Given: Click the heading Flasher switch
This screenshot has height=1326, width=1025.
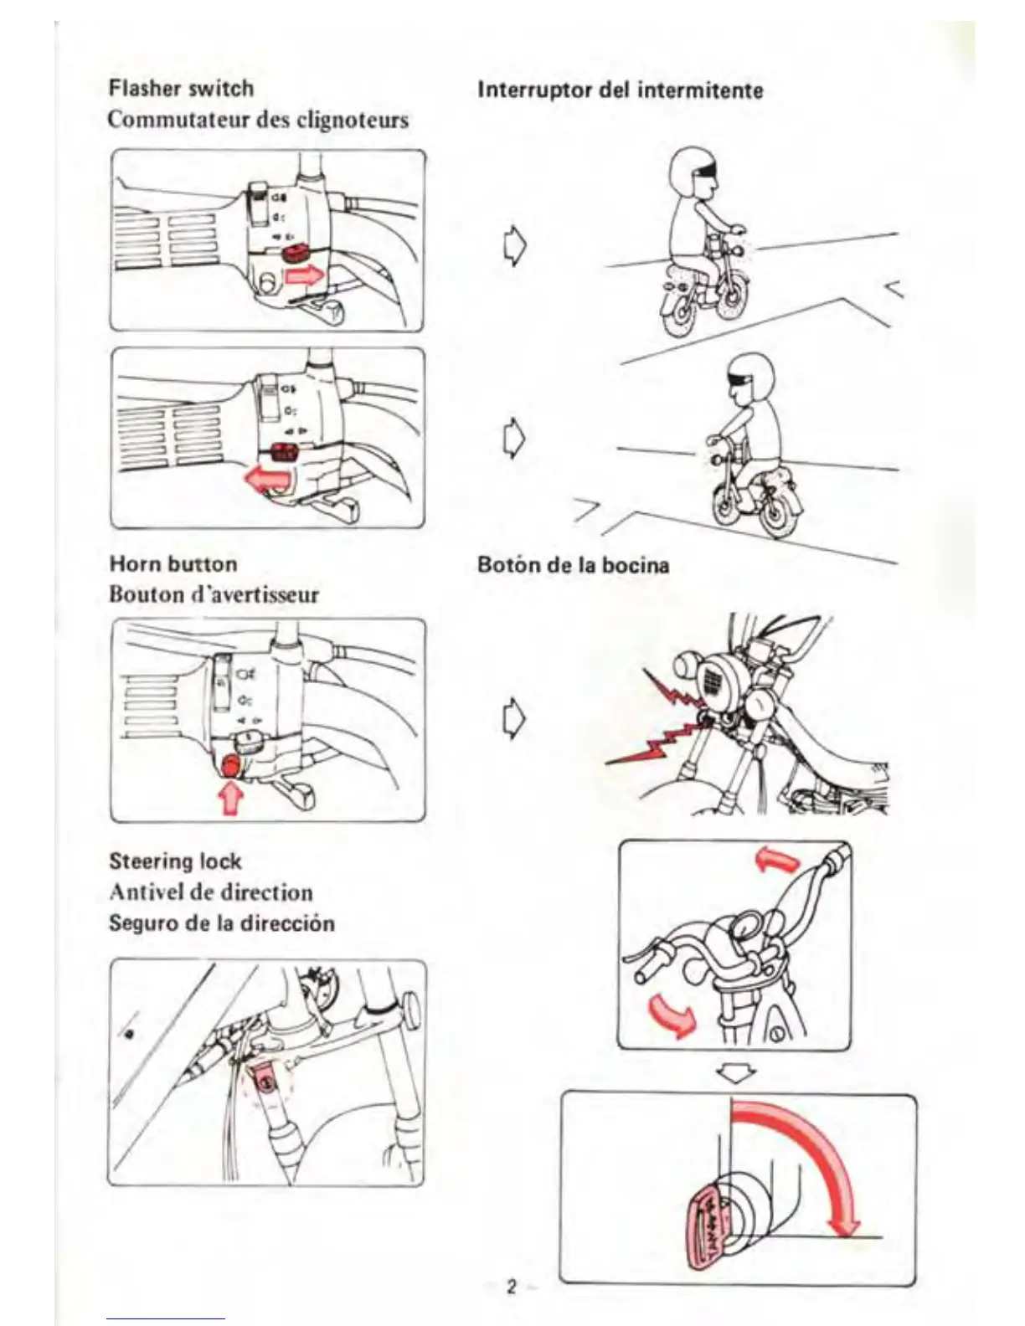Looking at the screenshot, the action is pos(181,88).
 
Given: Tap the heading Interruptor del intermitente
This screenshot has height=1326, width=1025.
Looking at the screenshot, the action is pos(620,90).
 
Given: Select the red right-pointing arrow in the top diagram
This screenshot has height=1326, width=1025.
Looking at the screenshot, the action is pos(303,275).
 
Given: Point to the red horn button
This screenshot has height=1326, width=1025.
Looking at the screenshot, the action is pos(230,764).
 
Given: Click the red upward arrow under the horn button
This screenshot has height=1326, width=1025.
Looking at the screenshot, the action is pos(230,798).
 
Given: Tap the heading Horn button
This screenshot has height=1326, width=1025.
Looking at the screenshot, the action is pos(173,563).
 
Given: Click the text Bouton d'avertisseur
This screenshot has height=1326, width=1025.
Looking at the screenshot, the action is pos(214,594).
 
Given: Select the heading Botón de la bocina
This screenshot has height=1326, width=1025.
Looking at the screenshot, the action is pos(573,564).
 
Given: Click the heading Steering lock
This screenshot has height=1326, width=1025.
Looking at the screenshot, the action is pos(175,861).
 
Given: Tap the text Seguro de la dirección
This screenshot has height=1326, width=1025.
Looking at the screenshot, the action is pos(221,923).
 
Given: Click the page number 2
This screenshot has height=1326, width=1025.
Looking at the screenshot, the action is pos(511,1286).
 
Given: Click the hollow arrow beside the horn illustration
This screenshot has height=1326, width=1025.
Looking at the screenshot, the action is pos(513,718).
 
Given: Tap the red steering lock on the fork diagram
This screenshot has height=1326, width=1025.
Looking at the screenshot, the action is pos(265,1084).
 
